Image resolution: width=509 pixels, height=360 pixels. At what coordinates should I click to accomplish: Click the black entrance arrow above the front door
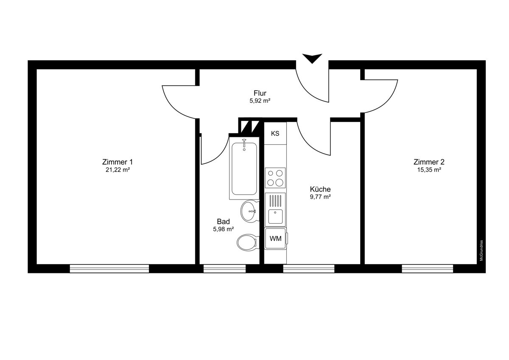point(312,58)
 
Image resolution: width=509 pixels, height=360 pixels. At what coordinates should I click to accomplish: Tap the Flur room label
point(260,93)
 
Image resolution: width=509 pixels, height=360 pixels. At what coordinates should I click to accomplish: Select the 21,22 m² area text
point(117,170)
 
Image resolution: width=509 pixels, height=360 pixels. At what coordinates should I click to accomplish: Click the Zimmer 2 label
point(429,162)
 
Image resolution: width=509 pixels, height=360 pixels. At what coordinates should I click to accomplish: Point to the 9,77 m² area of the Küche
point(320,197)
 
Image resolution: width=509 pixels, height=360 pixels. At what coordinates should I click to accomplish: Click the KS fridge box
point(275,134)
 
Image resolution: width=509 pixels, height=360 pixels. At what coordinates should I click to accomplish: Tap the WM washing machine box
point(275,239)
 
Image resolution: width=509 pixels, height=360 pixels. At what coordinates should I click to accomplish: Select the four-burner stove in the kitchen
point(275,177)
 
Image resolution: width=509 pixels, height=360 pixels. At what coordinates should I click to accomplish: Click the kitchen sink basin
point(275,217)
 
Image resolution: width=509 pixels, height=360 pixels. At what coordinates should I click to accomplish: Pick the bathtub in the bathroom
point(244,169)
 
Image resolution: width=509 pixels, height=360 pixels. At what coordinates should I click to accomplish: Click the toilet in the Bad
point(246,243)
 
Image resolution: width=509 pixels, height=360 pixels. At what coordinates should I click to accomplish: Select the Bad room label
point(224,222)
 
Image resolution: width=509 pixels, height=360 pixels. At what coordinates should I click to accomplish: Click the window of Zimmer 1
point(109,268)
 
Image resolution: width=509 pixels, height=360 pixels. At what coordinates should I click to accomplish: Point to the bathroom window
point(224,268)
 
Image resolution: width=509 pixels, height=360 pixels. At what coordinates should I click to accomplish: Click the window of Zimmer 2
point(427,268)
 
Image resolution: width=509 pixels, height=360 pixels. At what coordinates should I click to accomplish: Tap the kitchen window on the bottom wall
point(308,268)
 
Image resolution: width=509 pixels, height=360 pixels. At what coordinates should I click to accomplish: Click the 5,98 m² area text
point(224,229)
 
